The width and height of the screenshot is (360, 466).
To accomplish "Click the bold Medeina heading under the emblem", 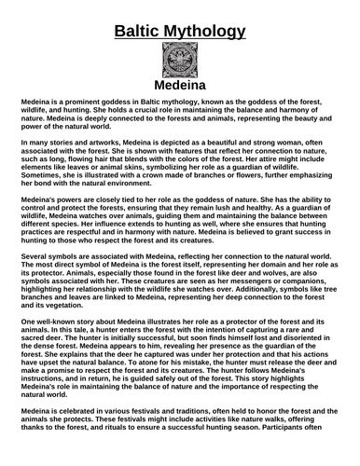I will pyautogui.click(x=180, y=91).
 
